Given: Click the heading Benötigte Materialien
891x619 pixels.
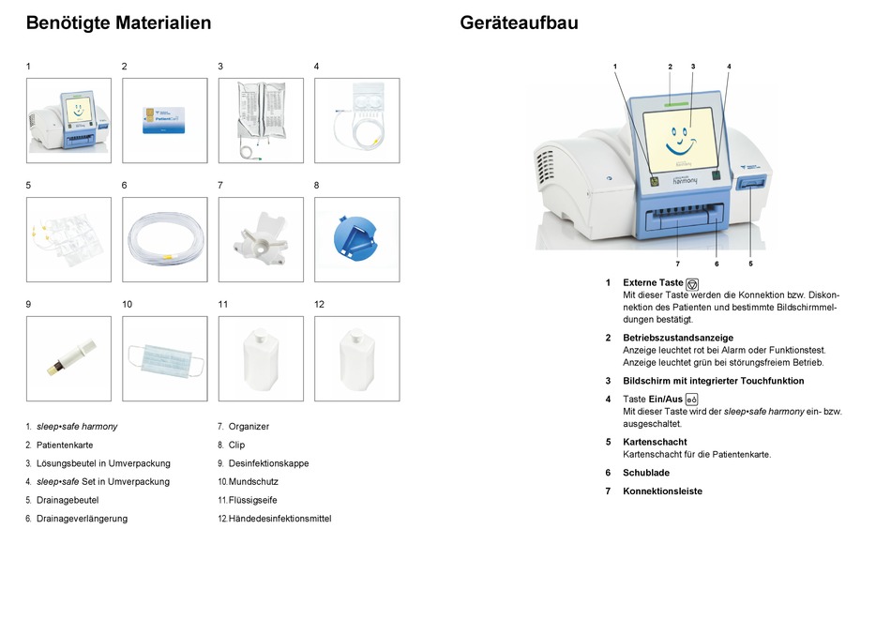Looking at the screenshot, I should pos(118,23).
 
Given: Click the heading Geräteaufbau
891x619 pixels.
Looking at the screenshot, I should pos(519,23).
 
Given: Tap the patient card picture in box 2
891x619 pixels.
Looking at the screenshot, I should pos(164,120).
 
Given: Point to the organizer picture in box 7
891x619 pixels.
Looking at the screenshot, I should pos(261,238).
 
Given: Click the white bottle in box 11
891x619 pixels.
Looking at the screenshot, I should pos(260,357).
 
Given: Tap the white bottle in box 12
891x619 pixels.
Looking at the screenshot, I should pos(356,357).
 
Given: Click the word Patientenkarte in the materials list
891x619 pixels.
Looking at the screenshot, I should pos(65,445).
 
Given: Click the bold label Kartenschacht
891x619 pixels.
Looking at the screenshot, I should pos(655,442).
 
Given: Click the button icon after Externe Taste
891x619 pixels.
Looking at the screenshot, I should pos(692,283).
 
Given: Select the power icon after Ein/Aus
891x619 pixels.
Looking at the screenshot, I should pos(691,400).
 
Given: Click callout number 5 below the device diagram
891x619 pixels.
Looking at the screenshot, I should pos(750,264).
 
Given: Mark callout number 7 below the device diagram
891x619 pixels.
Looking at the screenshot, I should pos(677,264).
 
